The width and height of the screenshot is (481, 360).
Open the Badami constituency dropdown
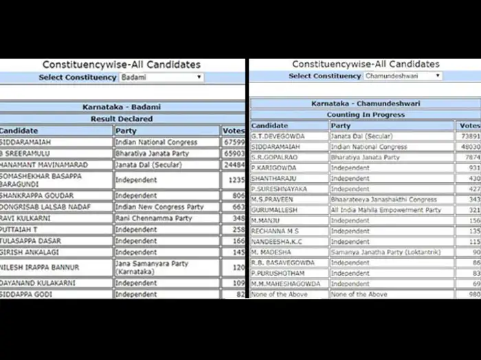pos(161,78)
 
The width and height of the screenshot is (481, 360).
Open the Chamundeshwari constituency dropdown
pos(402,76)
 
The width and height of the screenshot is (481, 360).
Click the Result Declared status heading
pos(122,119)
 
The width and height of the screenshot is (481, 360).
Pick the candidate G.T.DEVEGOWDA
pos(278,136)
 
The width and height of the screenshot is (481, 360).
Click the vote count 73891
pos(469,136)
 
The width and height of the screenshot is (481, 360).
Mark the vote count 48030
pos(469,147)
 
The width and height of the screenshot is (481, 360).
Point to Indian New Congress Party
pos(159,207)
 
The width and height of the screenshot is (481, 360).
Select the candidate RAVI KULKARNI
pos(25,218)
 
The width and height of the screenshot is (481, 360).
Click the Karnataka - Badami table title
pos(122,107)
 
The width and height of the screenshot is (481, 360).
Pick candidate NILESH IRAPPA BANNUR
pos(39,267)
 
